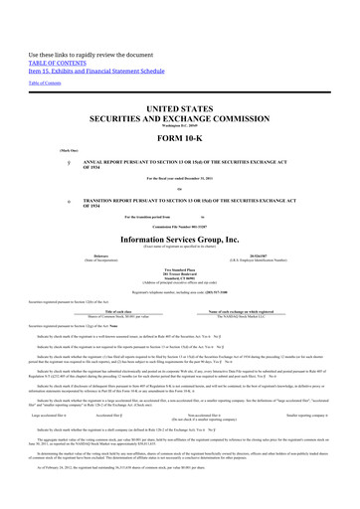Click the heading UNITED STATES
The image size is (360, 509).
tap(180, 106)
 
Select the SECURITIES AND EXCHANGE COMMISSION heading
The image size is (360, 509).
tap(180, 116)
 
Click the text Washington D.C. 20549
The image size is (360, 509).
tap(180, 123)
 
